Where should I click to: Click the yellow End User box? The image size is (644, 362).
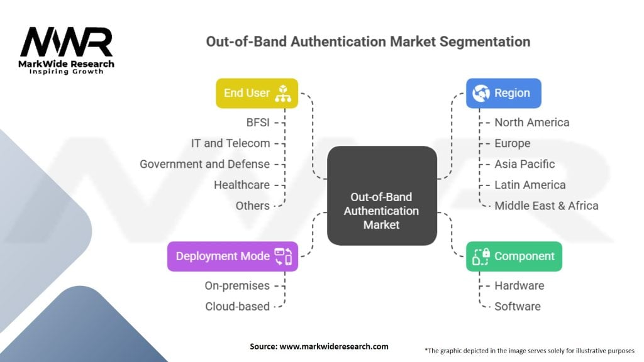[257, 93]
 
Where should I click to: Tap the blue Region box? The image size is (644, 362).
[503, 93]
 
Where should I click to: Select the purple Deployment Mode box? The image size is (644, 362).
[232, 256]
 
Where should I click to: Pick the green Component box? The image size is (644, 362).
[514, 256]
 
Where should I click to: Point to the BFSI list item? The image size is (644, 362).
[258, 122]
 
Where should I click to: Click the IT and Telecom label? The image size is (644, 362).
[230, 143]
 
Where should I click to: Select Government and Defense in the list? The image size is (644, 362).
[204, 164]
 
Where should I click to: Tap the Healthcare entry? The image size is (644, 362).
[241, 185]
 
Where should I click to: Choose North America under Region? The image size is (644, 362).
[531, 122]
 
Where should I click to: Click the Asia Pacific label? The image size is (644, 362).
[525, 164]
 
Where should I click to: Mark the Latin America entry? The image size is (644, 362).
[530, 185]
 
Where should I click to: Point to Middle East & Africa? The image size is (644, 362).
[546, 206]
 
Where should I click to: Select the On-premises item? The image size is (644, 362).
[237, 285]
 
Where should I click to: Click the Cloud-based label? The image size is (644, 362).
[237, 307]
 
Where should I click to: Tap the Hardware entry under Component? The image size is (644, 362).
[519, 285]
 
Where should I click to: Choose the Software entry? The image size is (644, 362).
[517, 307]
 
